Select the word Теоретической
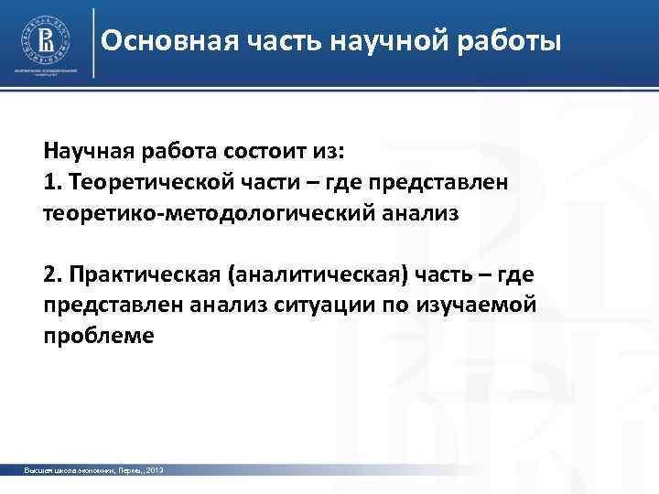pyautogui.click(x=136, y=182)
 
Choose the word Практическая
pyautogui.click(x=136, y=274)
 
